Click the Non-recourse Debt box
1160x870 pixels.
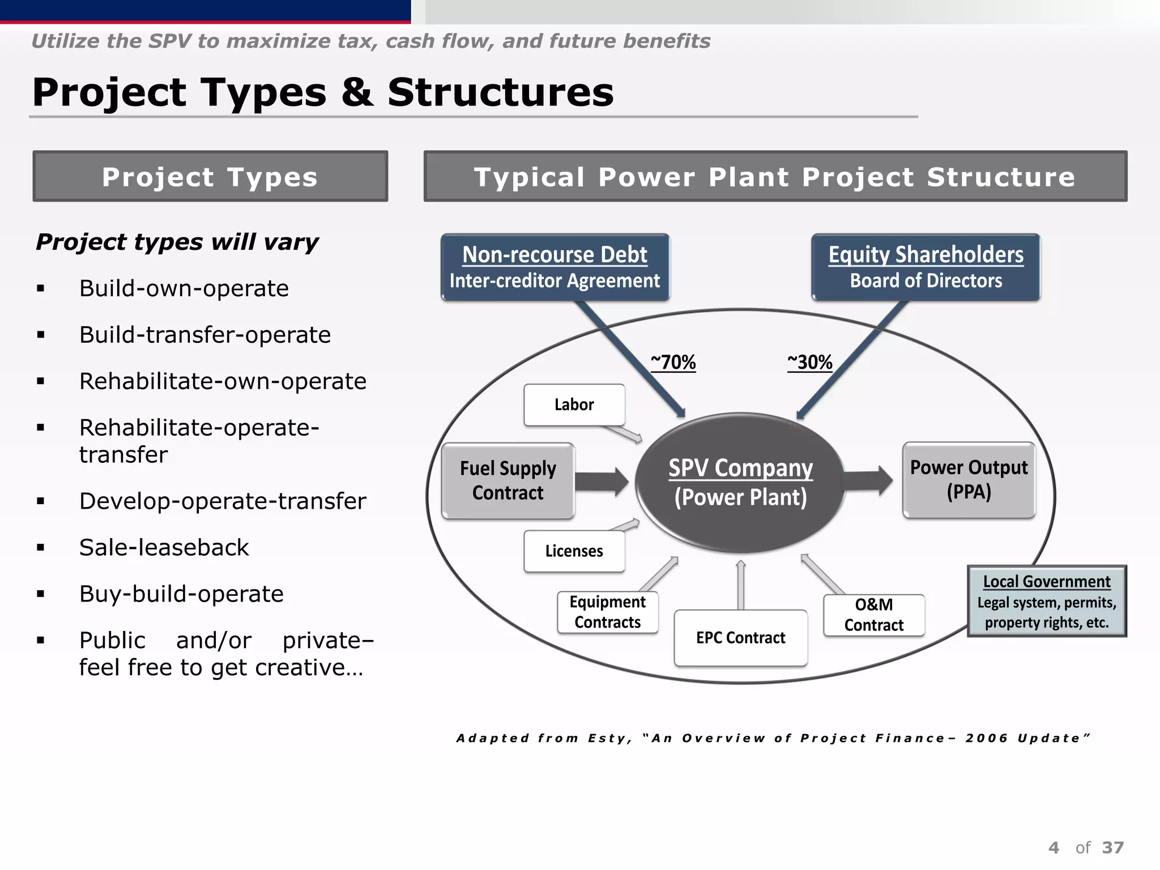click(x=555, y=267)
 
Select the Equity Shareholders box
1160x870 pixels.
click(x=926, y=267)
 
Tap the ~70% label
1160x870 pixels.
click(x=673, y=362)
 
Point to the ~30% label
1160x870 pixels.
click(x=810, y=362)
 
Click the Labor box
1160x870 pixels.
click(x=574, y=404)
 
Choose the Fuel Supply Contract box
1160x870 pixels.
click(x=507, y=480)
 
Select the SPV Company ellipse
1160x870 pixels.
click(x=740, y=483)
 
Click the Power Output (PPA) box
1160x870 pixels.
click(x=969, y=480)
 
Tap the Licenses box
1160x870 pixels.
click(x=574, y=551)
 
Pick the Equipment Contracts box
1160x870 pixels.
click(x=607, y=612)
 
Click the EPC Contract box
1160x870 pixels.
click(x=740, y=638)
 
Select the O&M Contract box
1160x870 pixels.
click(x=873, y=615)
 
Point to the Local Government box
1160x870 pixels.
click(x=1046, y=602)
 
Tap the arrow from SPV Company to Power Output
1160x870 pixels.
click(x=868, y=481)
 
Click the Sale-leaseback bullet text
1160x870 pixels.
click(x=164, y=548)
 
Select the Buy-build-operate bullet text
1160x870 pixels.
click(x=181, y=594)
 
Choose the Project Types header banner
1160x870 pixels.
click(x=210, y=177)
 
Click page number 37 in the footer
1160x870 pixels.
click(x=1112, y=847)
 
